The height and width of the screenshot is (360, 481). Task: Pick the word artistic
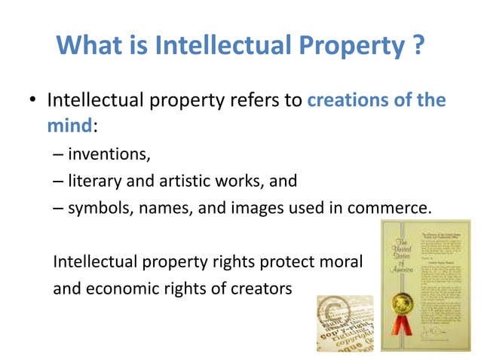(x=186, y=181)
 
